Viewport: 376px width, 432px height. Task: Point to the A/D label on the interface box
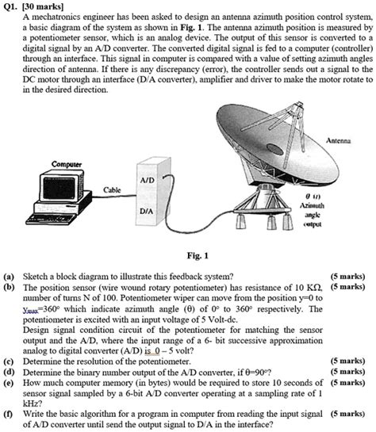pyautogui.click(x=147, y=182)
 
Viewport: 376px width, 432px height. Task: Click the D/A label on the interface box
pyautogui.click(x=146, y=212)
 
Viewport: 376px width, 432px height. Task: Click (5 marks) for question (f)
pyautogui.click(x=348, y=413)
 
